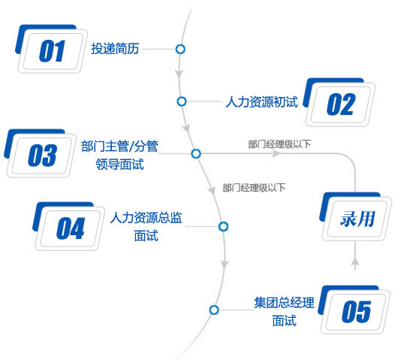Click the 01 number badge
coord(51,49)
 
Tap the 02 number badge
coord(339,102)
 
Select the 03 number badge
coord(41,153)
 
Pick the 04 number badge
coord(69,226)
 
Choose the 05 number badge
coord(354,310)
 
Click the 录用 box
coord(356,216)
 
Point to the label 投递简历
coord(115,48)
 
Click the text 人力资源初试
coord(262,102)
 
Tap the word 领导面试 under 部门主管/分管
coord(119,164)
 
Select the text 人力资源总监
coord(146,217)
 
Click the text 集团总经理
coord(284,302)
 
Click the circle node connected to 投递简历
coord(180,49)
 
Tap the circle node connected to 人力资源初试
coord(182,101)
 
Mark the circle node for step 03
coord(196,153)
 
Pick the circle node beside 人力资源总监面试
coord(224,226)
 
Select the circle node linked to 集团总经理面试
coord(214,310)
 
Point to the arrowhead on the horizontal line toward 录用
coord(276,153)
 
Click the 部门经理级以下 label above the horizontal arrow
coord(279,144)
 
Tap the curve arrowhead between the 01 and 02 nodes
coord(179,74)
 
